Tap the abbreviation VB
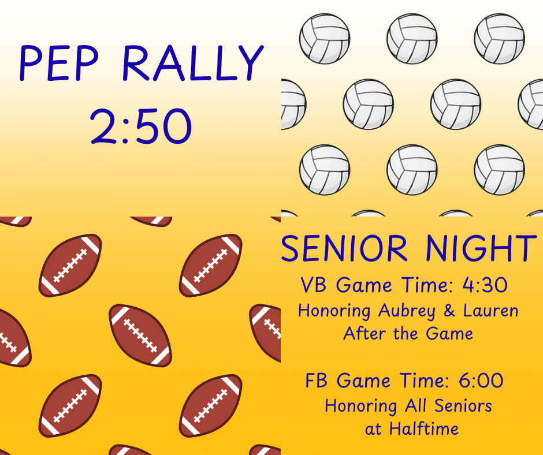click(x=315, y=285)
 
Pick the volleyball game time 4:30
click(x=485, y=285)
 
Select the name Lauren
click(x=490, y=311)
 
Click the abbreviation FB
click(x=318, y=381)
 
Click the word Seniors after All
click(x=462, y=406)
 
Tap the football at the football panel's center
click(x=140, y=335)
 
